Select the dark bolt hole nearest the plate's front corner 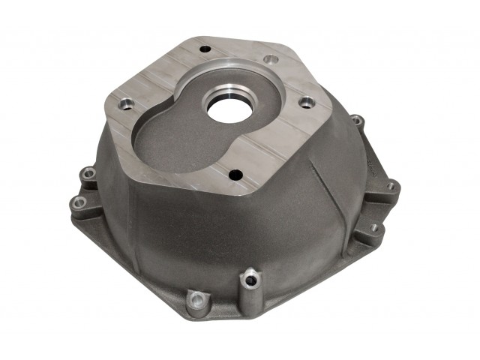pyautogui.click(x=235, y=174)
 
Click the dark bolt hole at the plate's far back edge pyautogui.click(x=204, y=51)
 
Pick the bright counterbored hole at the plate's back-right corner pyautogui.click(x=271, y=59)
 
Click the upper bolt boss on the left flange pyautogui.click(x=89, y=175)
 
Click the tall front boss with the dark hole pyautogui.click(x=248, y=282)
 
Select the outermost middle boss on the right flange pyautogui.click(x=390, y=185)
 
